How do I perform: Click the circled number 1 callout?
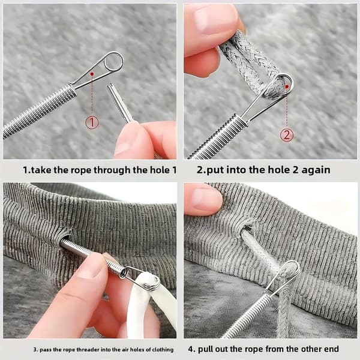92,122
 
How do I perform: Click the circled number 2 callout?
287,135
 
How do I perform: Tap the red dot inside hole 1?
92,74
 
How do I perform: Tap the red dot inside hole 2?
287,86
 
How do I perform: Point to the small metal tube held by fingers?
119,102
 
